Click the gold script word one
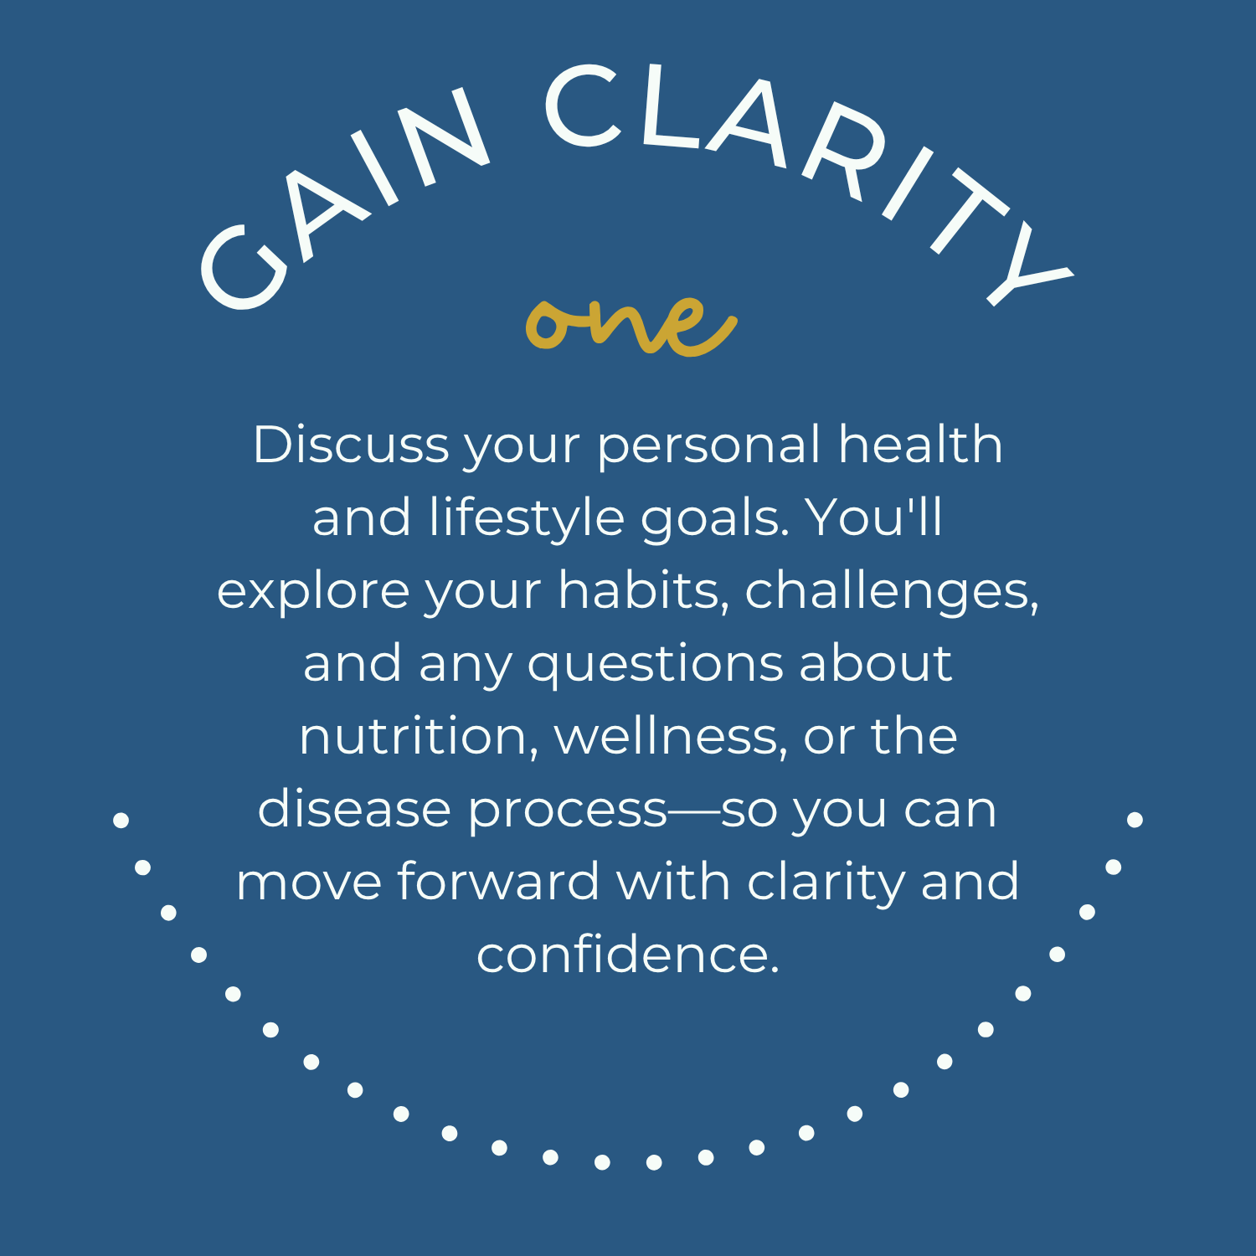[x=631, y=325]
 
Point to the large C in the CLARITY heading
[x=584, y=106]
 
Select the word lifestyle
[x=527, y=517]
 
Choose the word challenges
[x=892, y=591]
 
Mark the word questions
[x=656, y=665]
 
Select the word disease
[x=354, y=810]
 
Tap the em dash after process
[x=694, y=811]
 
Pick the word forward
[x=498, y=882]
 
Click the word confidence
[x=628, y=955]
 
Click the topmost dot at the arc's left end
[x=121, y=820]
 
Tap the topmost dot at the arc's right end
[x=1135, y=819]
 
